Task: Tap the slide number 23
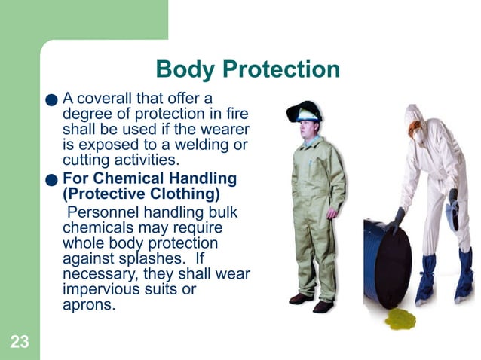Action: (x=20, y=343)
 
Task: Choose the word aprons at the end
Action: (x=87, y=305)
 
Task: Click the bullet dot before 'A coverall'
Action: (x=51, y=99)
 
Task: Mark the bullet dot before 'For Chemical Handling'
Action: (x=51, y=180)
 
